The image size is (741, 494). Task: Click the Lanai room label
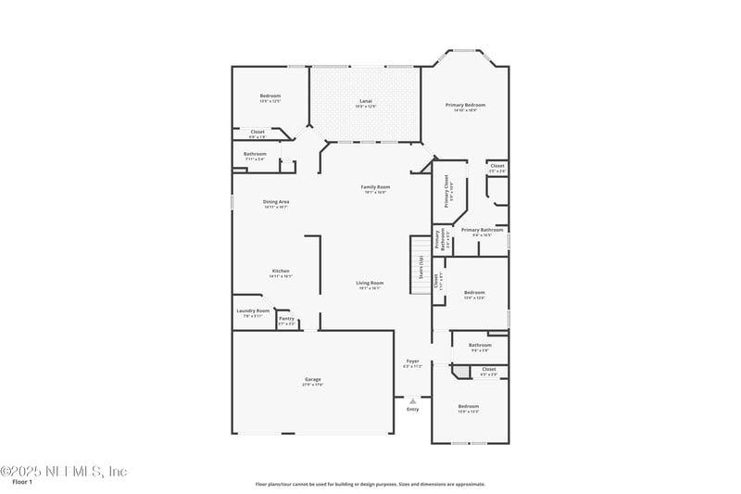click(365, 102)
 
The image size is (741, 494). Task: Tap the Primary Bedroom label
click(464, 106)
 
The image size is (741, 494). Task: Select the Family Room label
click(375, 187)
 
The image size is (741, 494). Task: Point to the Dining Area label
click(276, 202)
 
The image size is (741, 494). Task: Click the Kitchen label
click(281, 272)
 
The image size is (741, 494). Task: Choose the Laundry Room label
click(253, 311)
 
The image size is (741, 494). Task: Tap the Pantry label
click(286, 319)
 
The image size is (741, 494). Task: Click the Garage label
click(313, 380)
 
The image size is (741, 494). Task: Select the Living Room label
click(370, 284)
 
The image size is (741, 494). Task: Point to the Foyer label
click(412, 361)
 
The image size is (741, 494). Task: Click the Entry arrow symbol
click(413, 400)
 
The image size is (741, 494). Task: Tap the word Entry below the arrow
click(413, 409)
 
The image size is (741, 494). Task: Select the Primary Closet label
click(446, 189)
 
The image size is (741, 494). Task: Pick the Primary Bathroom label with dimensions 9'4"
click(482, 231)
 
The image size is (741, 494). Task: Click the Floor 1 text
click(21, 482)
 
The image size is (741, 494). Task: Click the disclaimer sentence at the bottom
click(370, 484)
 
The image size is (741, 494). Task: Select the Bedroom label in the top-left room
click(270, 97)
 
